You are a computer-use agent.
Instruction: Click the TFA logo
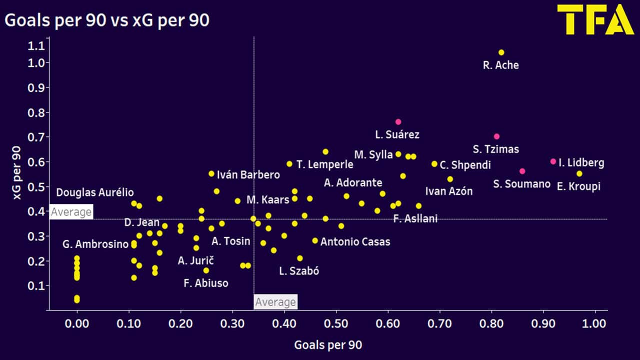(x=595, y=20)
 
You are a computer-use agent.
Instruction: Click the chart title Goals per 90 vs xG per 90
(x=106, y=20)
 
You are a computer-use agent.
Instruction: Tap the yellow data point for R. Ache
(x=501, y=52)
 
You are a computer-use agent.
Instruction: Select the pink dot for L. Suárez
(x=398, y=122)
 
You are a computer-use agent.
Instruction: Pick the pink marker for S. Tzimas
(x=496, y=136)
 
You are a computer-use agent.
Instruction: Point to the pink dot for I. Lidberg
(x=553, y=161)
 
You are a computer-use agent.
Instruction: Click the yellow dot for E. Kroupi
(x=579, y=173)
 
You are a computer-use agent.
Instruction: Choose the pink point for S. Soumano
(x=522, y=171)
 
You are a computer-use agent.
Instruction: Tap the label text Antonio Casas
(x=355, y=242)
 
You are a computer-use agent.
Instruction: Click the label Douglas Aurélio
(x=95, y=192)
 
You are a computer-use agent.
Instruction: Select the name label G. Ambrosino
(x=95, y=244)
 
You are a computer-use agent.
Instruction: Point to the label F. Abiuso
(x=206, y=283)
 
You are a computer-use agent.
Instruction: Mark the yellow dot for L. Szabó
(x=300, y=258)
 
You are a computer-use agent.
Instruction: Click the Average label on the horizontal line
(x=71, y=212)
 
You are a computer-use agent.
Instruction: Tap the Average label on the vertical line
(x=275, y=302)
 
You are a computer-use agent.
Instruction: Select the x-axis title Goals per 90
(x=328, y=345)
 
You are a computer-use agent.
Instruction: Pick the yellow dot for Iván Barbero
(x=211, y=173)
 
